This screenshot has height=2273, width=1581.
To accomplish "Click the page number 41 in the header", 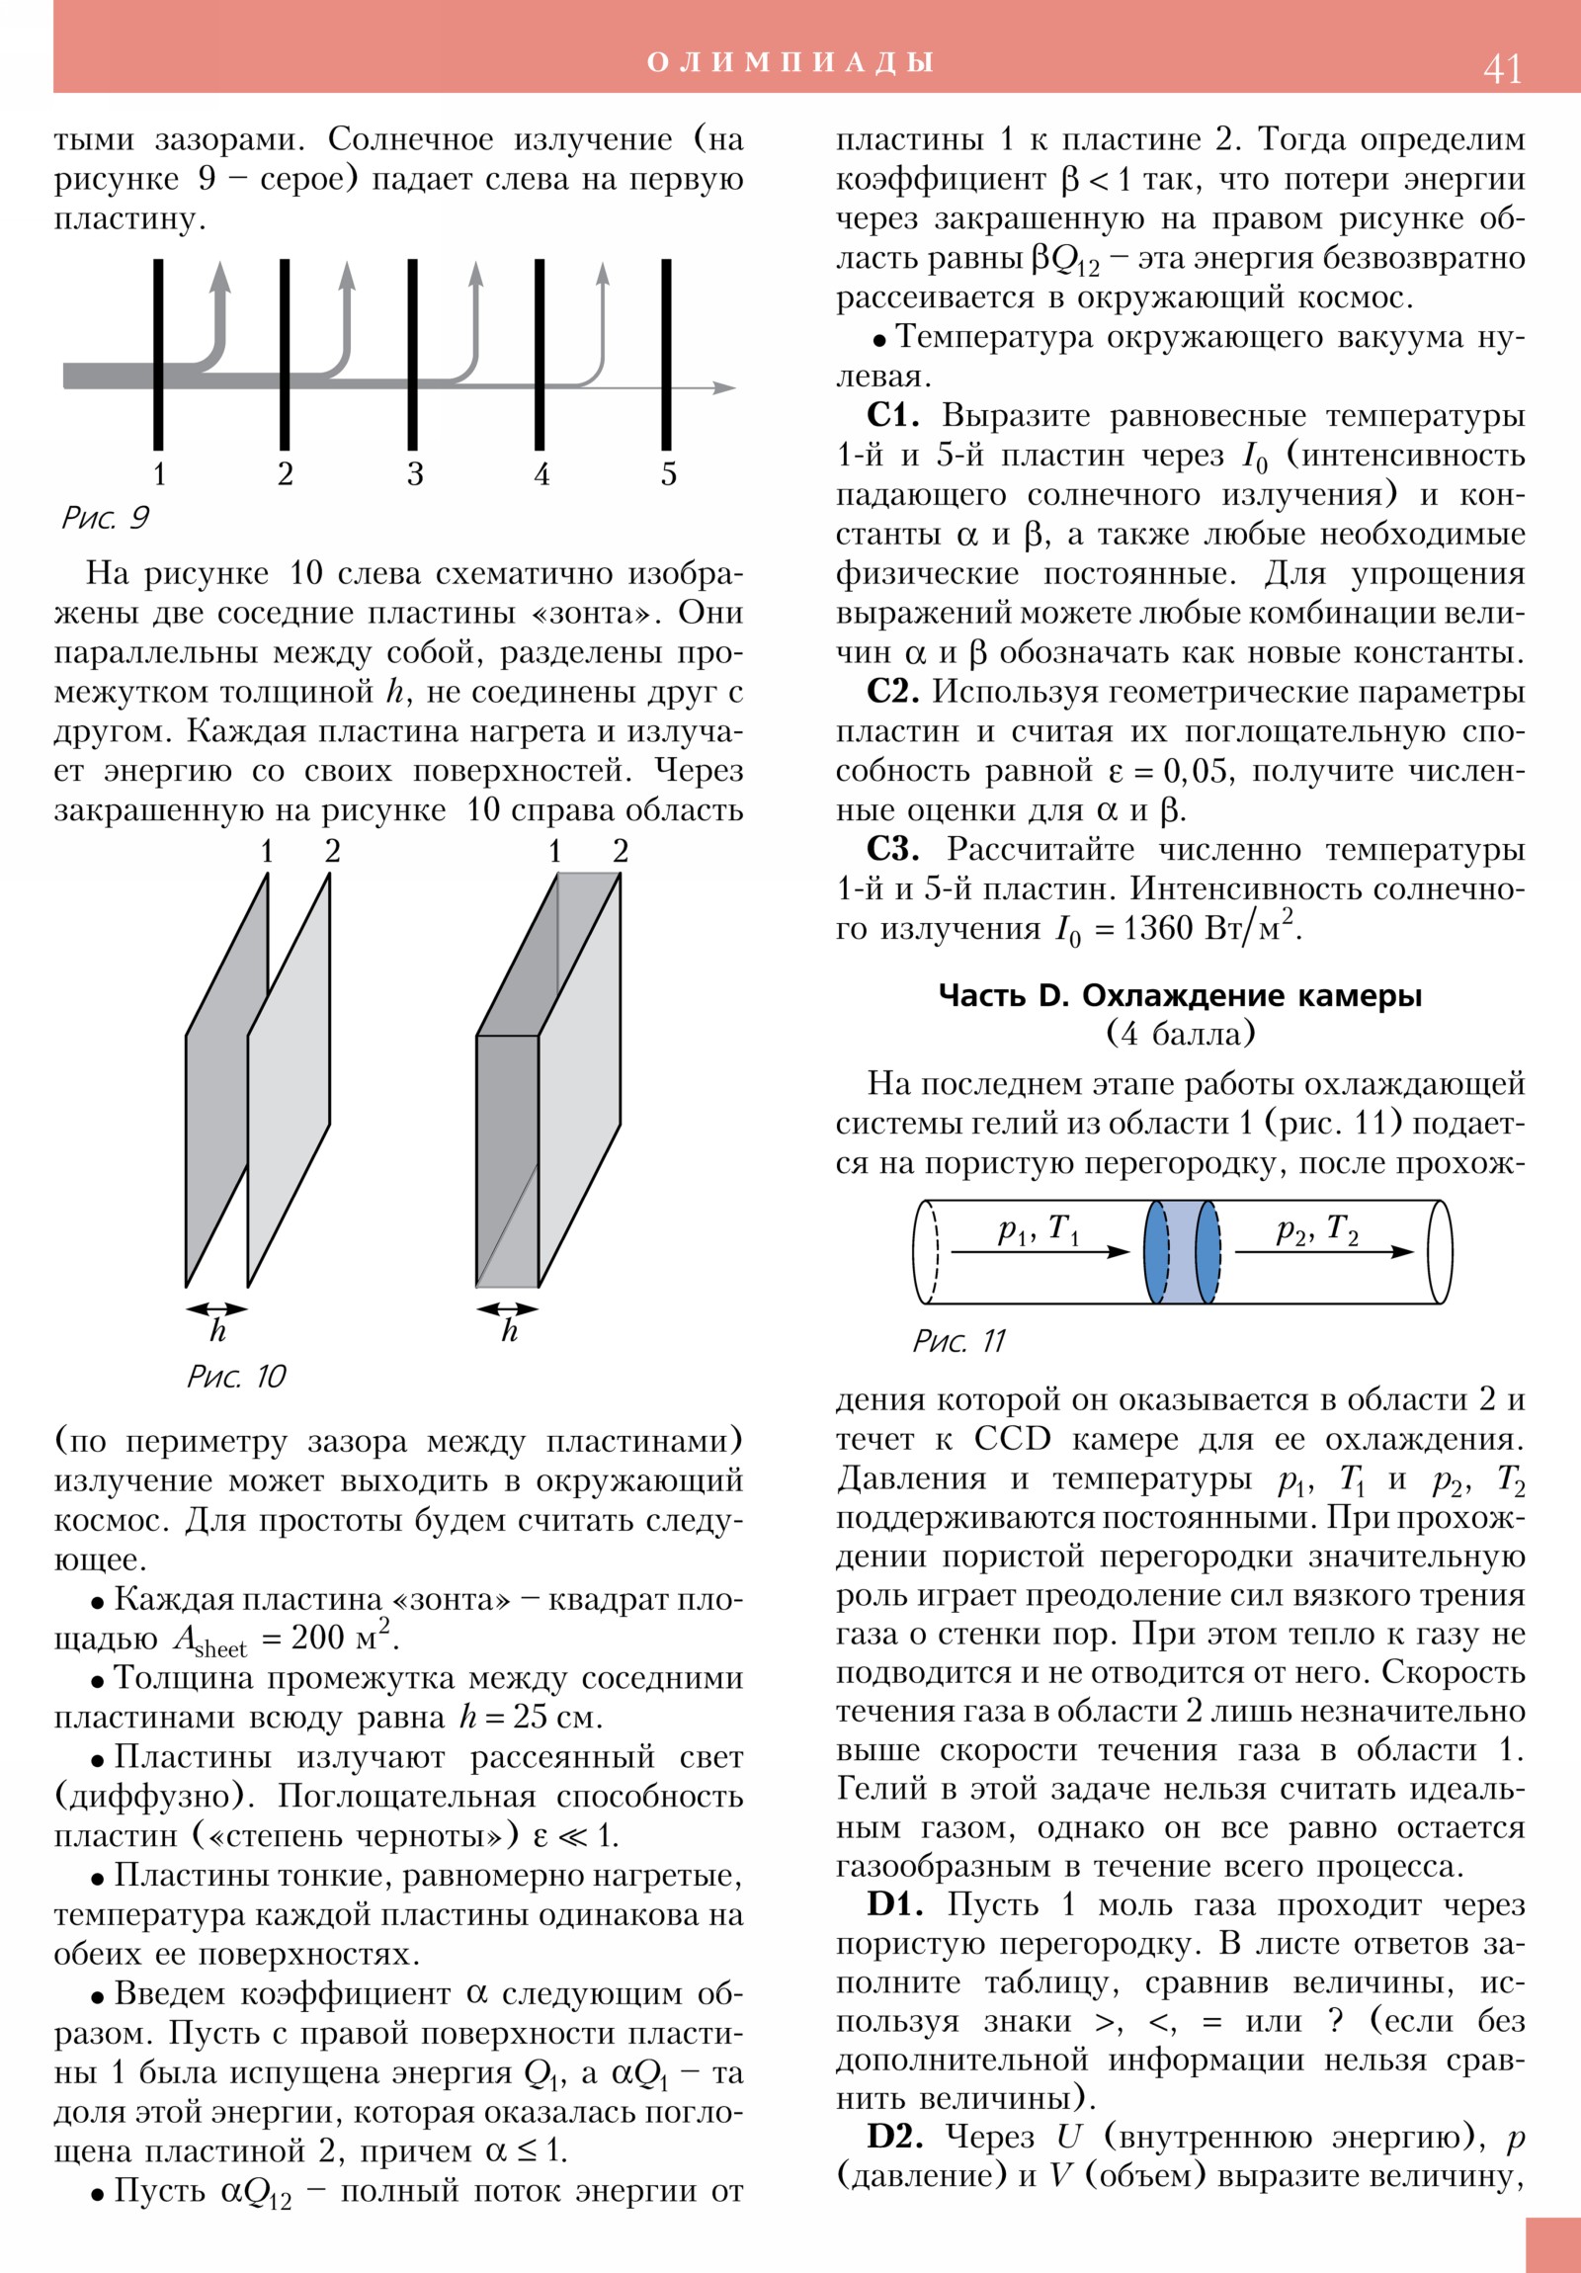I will (x=1502, y=68).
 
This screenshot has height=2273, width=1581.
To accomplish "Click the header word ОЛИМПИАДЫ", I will (x=790, y=62).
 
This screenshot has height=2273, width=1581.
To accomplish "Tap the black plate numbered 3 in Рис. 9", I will (x=413, y=354).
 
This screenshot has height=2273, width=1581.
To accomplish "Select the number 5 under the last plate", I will (x=669, y=474).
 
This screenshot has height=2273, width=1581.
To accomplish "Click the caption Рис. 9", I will (x=105, y=517).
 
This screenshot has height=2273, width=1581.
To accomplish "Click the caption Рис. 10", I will (x=235, y=1376).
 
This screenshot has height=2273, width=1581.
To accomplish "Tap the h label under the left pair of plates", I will (x=217, y=1330).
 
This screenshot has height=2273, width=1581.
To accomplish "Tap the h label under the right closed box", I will (x=509, y=1330).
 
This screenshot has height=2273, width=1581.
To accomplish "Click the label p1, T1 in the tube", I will (x=1038, y=1230).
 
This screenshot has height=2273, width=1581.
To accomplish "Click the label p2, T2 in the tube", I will (x=1316, y=1230).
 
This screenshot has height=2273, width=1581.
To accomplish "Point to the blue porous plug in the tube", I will (x=1182, y=1252).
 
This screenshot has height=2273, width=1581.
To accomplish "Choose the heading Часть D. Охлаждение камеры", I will (x=1180, y=995).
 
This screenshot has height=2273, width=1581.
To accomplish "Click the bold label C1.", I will (x=892, y=415).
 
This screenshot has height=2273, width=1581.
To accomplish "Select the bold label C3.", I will (x=892, y=848).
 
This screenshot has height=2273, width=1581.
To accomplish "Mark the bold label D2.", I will (x=895, y=2137).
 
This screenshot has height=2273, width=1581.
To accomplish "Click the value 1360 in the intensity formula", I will (x=1156, y=929).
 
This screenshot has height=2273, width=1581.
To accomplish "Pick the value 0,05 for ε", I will (x=1198, y=770).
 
